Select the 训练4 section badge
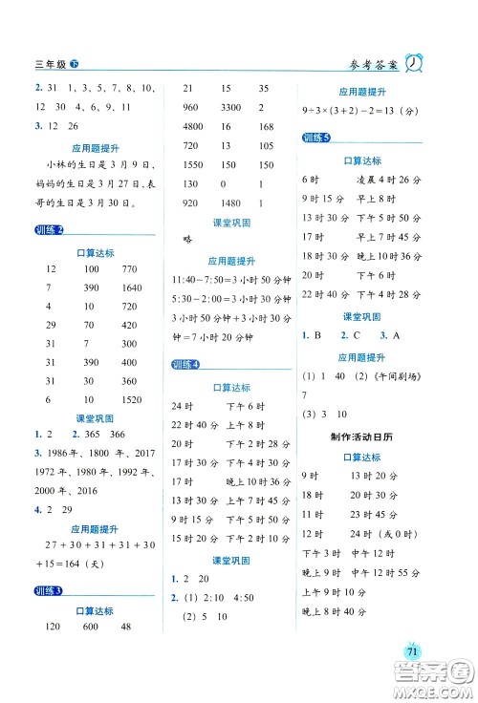pyautogui.click(x=185, y=365)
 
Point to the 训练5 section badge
pyautogui.click(x=315, y=138)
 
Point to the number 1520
pyautogui.click(x=132, y=425)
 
